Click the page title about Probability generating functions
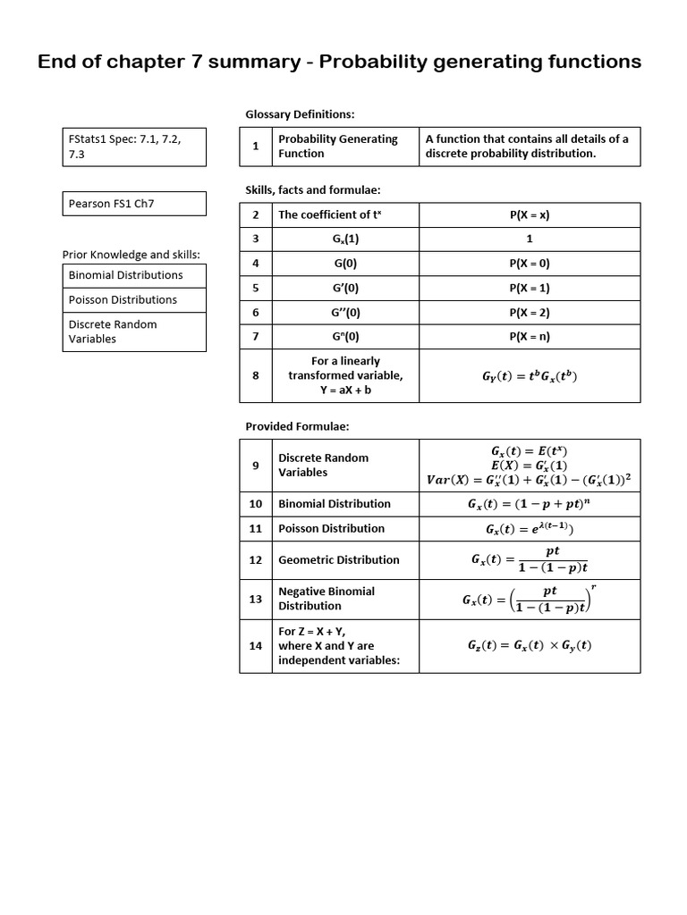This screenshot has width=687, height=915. (339, 62)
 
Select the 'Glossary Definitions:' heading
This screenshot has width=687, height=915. (300, 114)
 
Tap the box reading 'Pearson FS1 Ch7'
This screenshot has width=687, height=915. (134, 204)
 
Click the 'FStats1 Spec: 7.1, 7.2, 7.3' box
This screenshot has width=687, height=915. (134, 147)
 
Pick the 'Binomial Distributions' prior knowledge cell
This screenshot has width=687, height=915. (134, 275)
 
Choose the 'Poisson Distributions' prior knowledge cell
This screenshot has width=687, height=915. (134, 300)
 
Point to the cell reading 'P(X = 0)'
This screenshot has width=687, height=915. (530, 264)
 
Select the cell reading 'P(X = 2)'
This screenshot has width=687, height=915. (530, 313)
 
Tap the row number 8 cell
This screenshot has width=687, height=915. (256, 375)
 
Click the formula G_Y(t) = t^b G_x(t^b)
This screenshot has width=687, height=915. (530, 376)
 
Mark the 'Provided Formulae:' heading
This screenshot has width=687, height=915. (297, 426)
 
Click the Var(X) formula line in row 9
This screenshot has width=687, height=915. (530, 480)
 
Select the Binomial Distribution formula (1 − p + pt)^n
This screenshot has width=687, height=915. (530, 504)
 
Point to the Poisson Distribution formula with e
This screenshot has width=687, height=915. (530, 529)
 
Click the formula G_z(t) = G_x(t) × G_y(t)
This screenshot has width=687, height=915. (530, 646)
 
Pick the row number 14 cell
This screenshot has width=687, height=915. (256, 646)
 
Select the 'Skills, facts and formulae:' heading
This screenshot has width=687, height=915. (313, 190)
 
